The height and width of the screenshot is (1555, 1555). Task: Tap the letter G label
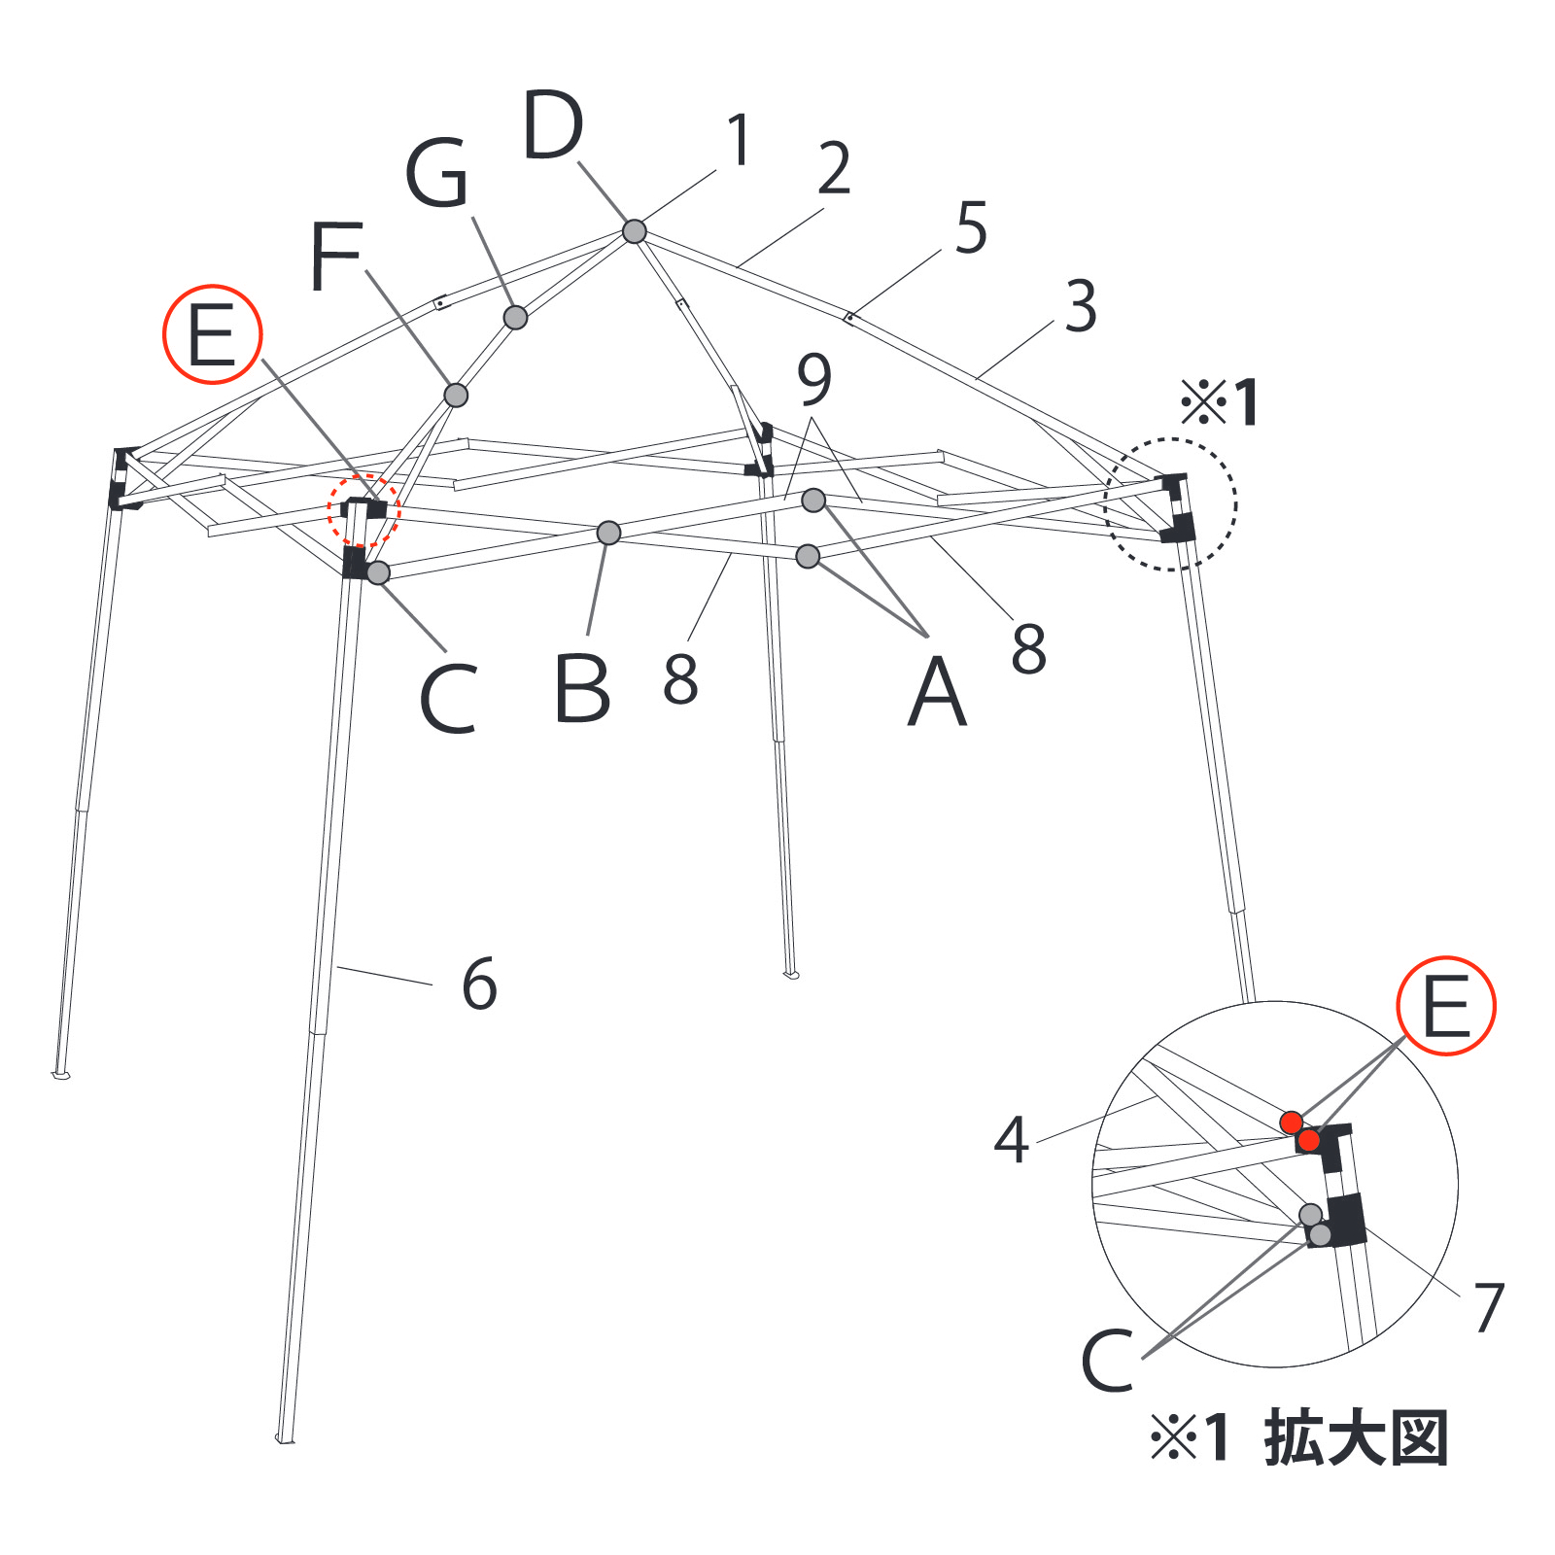pyautogui.click(x=437, y=173)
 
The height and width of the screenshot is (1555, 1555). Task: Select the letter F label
pyautogui.click(x=335, y=256)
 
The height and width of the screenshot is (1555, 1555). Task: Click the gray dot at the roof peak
pyautogui.click(x=634, y=231)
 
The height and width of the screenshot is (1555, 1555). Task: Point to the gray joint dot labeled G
pyautogui.click(x=515, y=317)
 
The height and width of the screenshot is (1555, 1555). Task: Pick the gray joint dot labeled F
pyautogui.click(x=456, y=395)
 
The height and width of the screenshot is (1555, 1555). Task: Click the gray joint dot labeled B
pyautogui.click(x=608, y=533)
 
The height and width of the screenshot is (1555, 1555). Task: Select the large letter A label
pyautogui.click(x=937, y=691)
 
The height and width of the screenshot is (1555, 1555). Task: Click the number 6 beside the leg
pyautogui.click(x=480, y=984)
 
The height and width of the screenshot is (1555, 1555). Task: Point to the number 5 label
pyautogui.click(x=971, y=227)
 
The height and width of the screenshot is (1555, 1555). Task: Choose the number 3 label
pyautogui.click(x=1081, y=306)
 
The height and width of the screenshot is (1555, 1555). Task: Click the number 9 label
pyautogui.click(x=814, y=379)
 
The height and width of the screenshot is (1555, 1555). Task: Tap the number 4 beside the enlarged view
pyautogui.click(x=1012, y=1140)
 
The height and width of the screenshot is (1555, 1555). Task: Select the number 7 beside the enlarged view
pyautogui.click(x=1489, y=1307)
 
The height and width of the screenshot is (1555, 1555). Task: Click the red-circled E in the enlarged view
pyautogui.click(x=1446, y=1006)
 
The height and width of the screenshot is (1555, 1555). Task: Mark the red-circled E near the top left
pyautogui.click(x=212, y=334)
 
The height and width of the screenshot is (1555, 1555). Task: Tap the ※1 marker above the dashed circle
pyautogui.click(x=1220, y=402)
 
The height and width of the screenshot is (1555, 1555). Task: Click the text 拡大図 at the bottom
pyautogui.click(x=1357, y=1438)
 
